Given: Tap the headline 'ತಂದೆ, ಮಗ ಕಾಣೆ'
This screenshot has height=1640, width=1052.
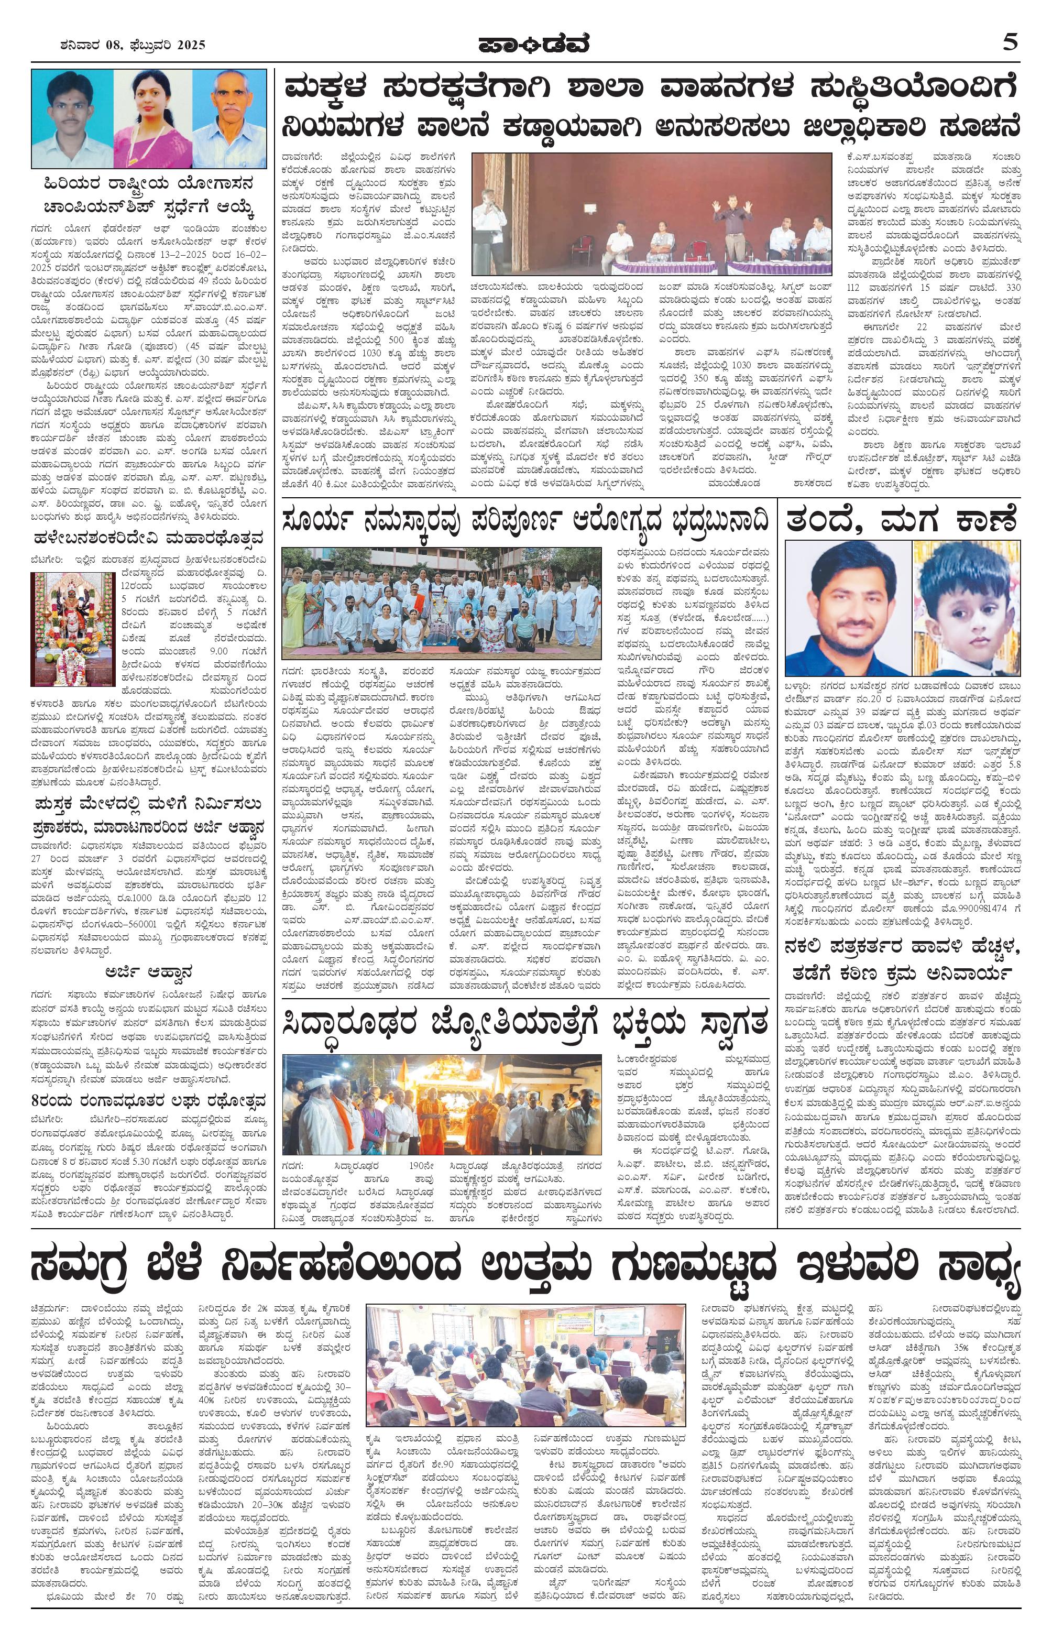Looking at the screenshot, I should [x=902, y=520].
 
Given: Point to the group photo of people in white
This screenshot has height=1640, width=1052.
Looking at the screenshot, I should [x=442, y=603].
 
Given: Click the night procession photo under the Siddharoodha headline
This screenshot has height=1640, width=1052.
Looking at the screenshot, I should [x=442, y=1105].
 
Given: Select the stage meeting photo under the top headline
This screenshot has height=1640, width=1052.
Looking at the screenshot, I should [x=651, y=214].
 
